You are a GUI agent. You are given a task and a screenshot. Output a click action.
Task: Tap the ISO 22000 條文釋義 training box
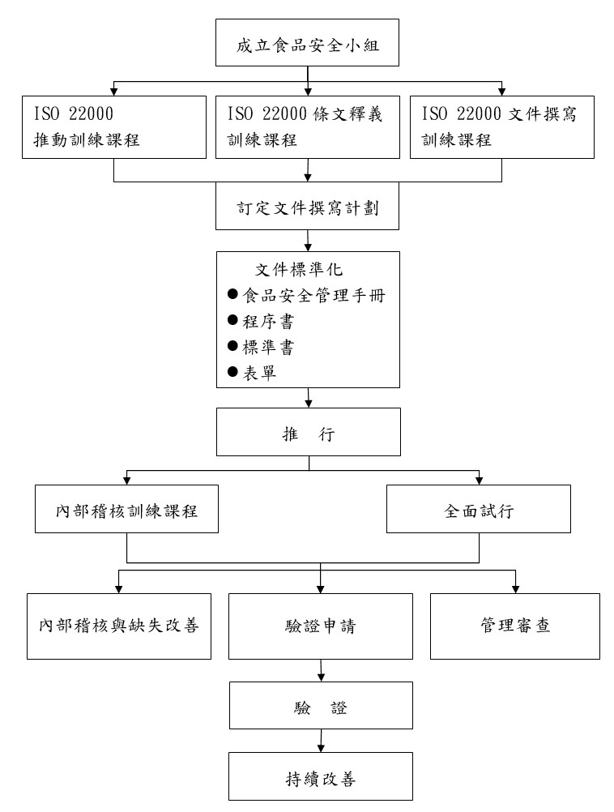(307, 126)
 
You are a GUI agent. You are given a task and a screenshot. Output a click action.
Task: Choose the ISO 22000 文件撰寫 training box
(502, 126)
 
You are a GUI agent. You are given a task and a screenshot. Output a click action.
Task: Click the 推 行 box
(307, 433)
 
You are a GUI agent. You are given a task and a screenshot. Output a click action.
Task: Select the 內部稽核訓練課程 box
(127, 511)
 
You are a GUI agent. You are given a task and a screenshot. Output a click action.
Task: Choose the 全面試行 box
(478, 511)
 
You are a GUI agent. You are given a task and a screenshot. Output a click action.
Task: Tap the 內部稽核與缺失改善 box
(119, 626)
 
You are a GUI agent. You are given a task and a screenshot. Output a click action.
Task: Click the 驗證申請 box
(322, 626)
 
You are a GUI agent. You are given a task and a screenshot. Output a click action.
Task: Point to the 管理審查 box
(515, 626)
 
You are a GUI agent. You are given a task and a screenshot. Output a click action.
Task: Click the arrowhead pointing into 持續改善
(322, 748)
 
